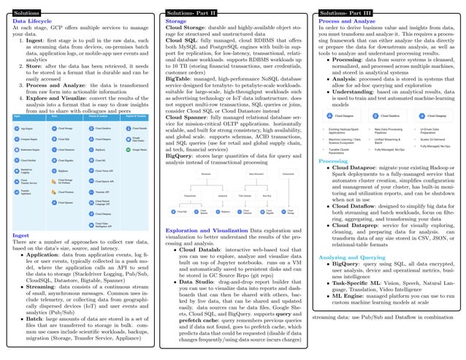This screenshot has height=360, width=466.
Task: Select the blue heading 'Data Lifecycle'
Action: [x=32, y=23]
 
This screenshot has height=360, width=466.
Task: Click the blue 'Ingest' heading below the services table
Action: [x=21, y=235]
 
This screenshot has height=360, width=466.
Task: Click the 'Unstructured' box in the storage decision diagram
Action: [x=287, y=175]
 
